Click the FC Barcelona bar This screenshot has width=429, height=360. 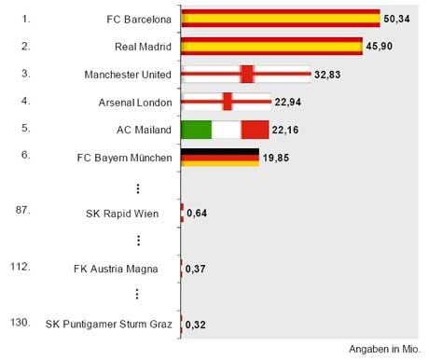(280, 19)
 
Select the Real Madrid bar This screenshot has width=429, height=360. (271, 47)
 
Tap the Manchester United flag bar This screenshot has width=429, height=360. (245, 75)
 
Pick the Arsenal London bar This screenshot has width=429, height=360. (226, 102)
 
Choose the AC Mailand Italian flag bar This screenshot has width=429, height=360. (225, 130)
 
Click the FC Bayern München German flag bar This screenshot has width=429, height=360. (219, 158)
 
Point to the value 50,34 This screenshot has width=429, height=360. (395, 19)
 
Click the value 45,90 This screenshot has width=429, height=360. (378, 47)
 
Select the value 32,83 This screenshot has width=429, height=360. (326, 75)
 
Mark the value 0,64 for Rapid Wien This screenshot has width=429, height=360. (197, 214)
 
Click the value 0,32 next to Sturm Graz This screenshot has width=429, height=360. (196, 325)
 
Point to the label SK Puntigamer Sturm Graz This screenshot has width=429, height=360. (109, 325)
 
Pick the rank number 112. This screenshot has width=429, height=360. (21, 266)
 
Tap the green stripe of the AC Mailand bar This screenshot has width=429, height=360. (196, 130)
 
